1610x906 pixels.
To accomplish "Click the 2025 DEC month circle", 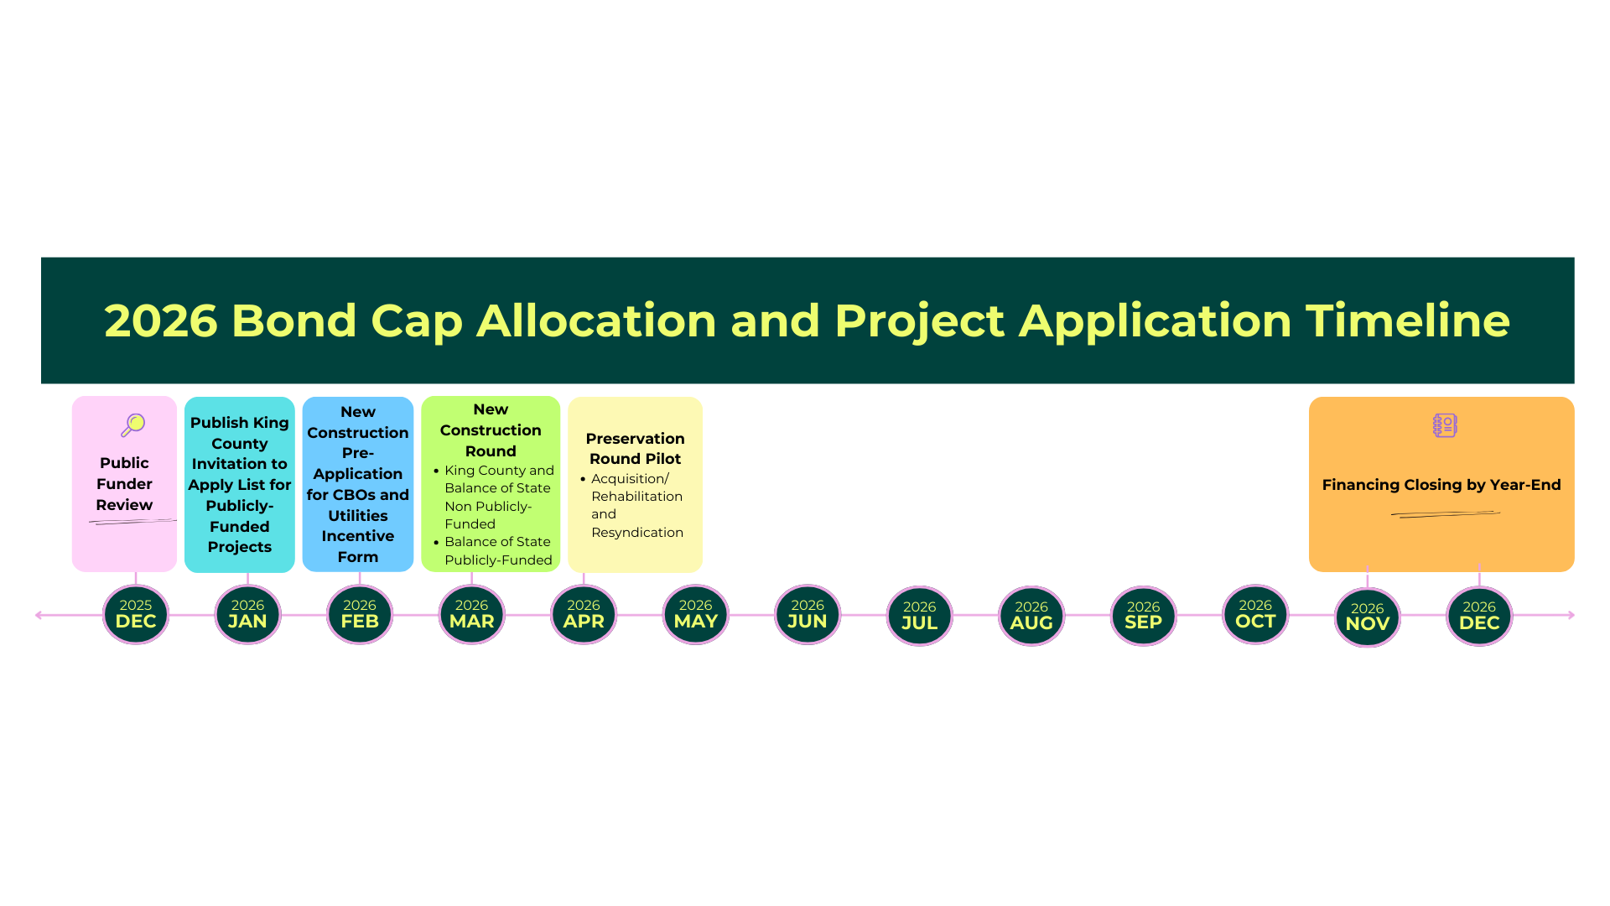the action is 136,615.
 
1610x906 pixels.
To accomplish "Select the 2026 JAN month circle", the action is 247,615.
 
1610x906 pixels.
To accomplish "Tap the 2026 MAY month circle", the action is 695,615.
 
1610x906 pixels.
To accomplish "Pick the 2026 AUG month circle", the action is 1031,617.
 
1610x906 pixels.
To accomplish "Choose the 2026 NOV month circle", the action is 1367,617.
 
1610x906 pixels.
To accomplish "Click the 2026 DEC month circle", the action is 1479,617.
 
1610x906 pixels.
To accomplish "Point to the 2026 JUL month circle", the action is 919,617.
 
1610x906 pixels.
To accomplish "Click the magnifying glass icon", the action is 133,425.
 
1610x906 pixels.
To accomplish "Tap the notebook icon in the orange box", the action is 1445,425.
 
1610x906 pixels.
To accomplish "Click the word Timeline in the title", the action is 1407,320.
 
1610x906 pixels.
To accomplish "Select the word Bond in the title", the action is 294,320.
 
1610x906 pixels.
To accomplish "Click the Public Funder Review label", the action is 124,484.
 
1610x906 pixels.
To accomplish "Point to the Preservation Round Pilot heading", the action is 635,449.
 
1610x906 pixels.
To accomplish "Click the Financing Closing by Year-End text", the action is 1441,485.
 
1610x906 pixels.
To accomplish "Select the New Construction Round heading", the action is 491,430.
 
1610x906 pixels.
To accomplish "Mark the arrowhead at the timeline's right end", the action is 1571,615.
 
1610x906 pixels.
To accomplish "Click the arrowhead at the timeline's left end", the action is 39,615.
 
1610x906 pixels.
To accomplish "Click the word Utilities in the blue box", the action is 358,516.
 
